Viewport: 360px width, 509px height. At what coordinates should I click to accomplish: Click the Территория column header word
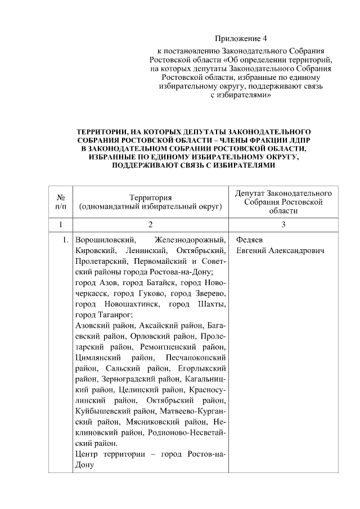[x=150, y=197]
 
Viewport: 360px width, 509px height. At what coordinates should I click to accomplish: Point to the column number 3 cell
[x=284, y=225]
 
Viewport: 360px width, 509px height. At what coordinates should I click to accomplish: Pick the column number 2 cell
[x=150, y=225]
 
